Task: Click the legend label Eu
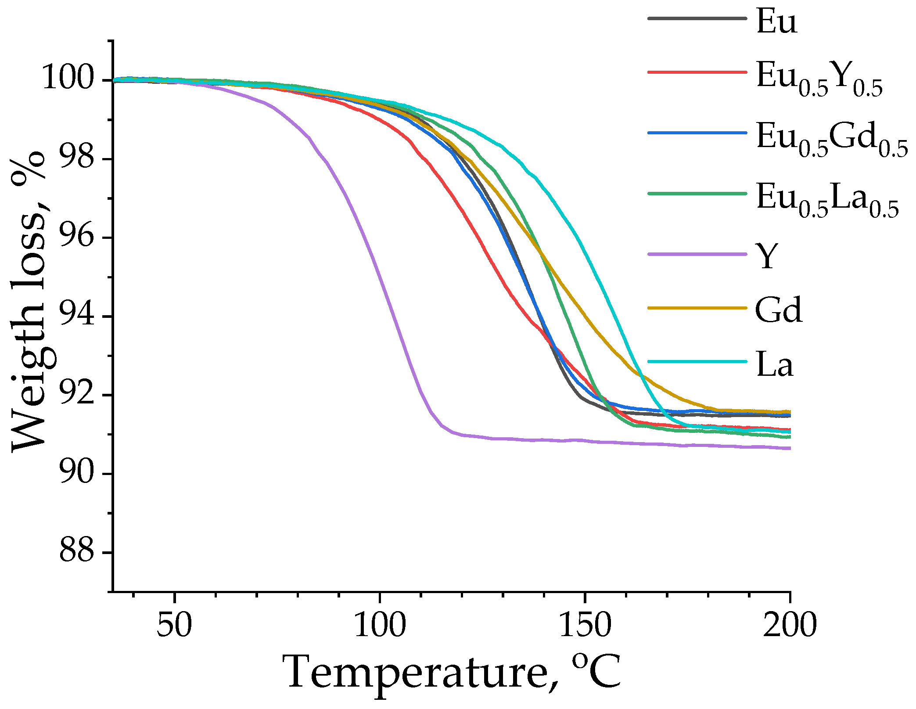tap(776, 22)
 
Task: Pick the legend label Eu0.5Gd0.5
tap(831, 139)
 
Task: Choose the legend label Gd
tap(779, 310)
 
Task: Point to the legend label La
tap(775, 364)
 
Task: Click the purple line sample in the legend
tap(697, 254)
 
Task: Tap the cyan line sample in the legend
tap(697, 362)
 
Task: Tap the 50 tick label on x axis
tap(174, 625)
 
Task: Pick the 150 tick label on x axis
tap(585, 625)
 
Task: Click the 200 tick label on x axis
tap(789, 625)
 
